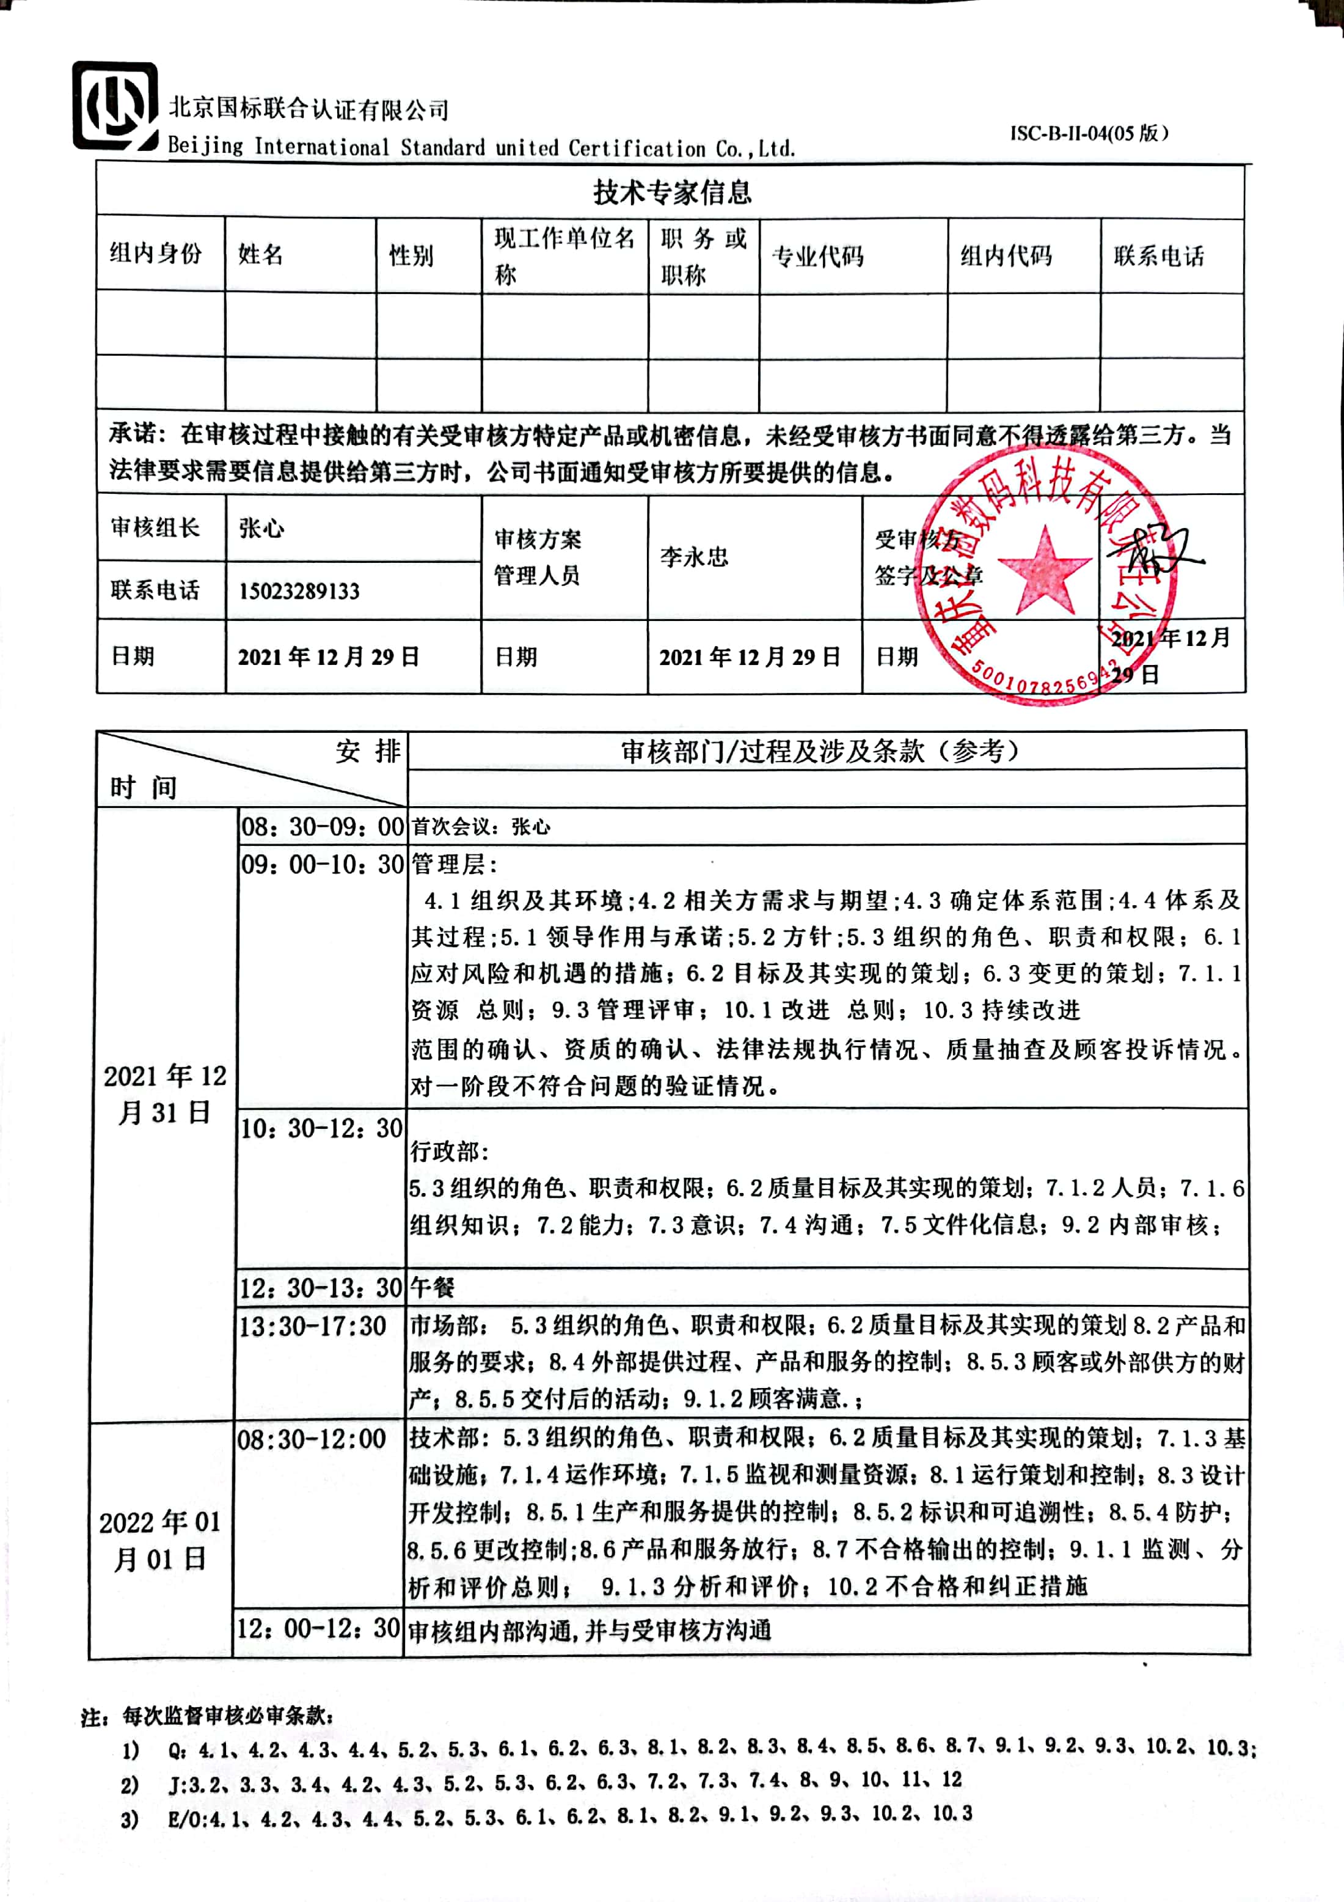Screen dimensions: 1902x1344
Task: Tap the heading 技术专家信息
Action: click(671, 192)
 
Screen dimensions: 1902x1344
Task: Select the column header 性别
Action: click(412, 255)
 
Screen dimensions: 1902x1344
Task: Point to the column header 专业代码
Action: click(817, 257)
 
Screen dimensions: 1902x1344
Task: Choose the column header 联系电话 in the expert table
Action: click(1158, 256)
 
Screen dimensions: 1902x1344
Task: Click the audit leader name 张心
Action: click(261, 527)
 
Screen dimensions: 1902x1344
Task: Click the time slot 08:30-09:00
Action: click(322, 826)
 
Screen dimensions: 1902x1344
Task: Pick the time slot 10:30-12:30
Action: click(321, 1128)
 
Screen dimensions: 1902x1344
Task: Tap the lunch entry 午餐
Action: click(433, 1287)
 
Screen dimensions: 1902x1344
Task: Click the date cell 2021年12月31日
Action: click(165, 1093)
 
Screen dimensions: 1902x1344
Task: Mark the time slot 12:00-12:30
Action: click(318, 1628)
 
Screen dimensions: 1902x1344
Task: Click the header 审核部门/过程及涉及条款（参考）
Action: click(820, 751)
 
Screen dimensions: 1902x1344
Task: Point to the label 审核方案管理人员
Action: click(538, 557)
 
